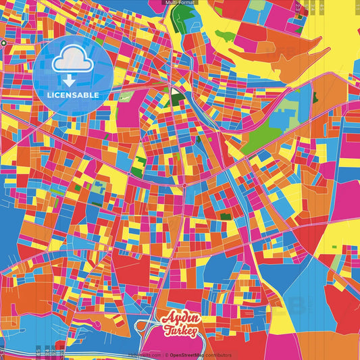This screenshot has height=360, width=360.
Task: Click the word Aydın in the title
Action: (x=179, y=319)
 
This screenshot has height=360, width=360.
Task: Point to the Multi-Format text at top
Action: (x=180, y=3)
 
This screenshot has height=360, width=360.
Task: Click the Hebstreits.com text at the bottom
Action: (x=146, y=355)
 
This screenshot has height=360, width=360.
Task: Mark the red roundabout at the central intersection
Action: (x=183, y=184)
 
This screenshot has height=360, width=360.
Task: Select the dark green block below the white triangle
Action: (x=178, y=100)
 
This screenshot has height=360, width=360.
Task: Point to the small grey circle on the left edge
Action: (x=3, y=43)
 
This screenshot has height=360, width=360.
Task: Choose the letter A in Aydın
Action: (x=167, y=319)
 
